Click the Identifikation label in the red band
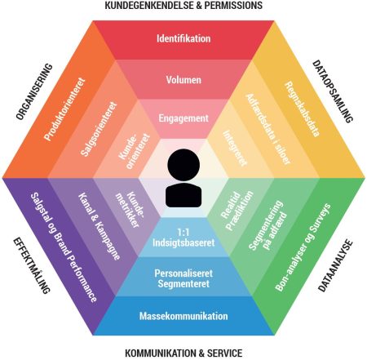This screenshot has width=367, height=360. [x=183, y=38]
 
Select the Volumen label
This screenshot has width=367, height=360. [x=183, y=80]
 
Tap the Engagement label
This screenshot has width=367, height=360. [x=183, y=118]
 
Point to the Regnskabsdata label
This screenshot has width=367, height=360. [x=302, y=109]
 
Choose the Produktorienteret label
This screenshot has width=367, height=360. [x=64, y=109]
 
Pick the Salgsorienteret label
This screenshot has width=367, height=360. [x=99, y=129]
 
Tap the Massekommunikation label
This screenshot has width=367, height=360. [x=183, y=316]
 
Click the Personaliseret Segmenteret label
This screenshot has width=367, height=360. [x=183, y=278]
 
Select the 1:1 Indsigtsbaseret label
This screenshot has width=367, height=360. [x=183, y=238]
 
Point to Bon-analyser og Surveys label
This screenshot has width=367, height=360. [x=303, y=247]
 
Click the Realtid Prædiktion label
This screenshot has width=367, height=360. [x=237, y=210]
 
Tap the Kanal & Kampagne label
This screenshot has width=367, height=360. [x=99, y=226]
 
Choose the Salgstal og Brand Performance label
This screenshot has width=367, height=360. [x=64, y=247]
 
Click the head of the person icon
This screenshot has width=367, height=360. [x=183, y=165]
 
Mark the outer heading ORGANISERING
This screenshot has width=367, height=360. [x=34, y=91]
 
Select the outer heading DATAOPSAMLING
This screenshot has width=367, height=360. [x=333, y=91]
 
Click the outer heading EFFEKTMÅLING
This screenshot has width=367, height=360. [x=32, y=265]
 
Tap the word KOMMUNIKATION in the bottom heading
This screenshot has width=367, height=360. [x=161, y=353]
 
